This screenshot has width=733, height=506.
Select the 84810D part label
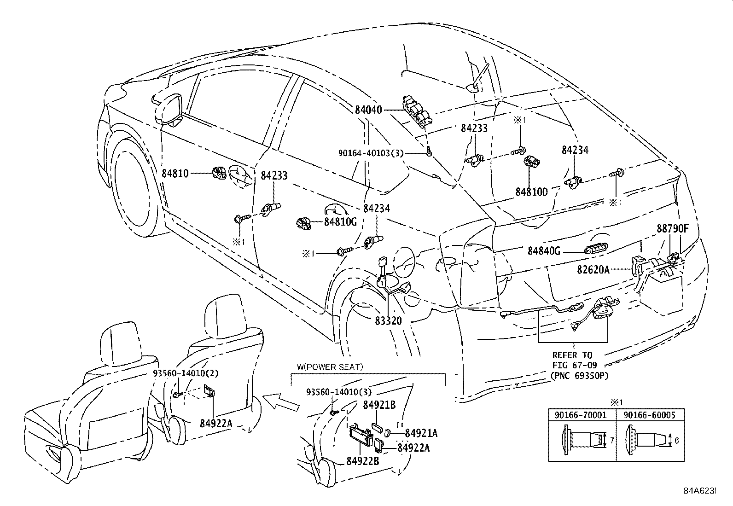click(x=531, y=192)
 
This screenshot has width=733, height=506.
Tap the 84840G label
click(x=544, y=251)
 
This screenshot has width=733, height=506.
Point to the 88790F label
click(x=673, y=229)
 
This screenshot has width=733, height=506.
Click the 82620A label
click(x=593, y=270)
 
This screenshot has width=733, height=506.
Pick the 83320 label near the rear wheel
click(x=388, y=320)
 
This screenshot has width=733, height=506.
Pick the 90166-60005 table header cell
click(x=649, y=415)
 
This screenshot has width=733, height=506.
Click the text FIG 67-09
click(x=573, y=365)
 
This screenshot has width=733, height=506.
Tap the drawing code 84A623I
click(x=699, y=491)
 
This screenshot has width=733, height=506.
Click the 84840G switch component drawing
click(x=594, y=250)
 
